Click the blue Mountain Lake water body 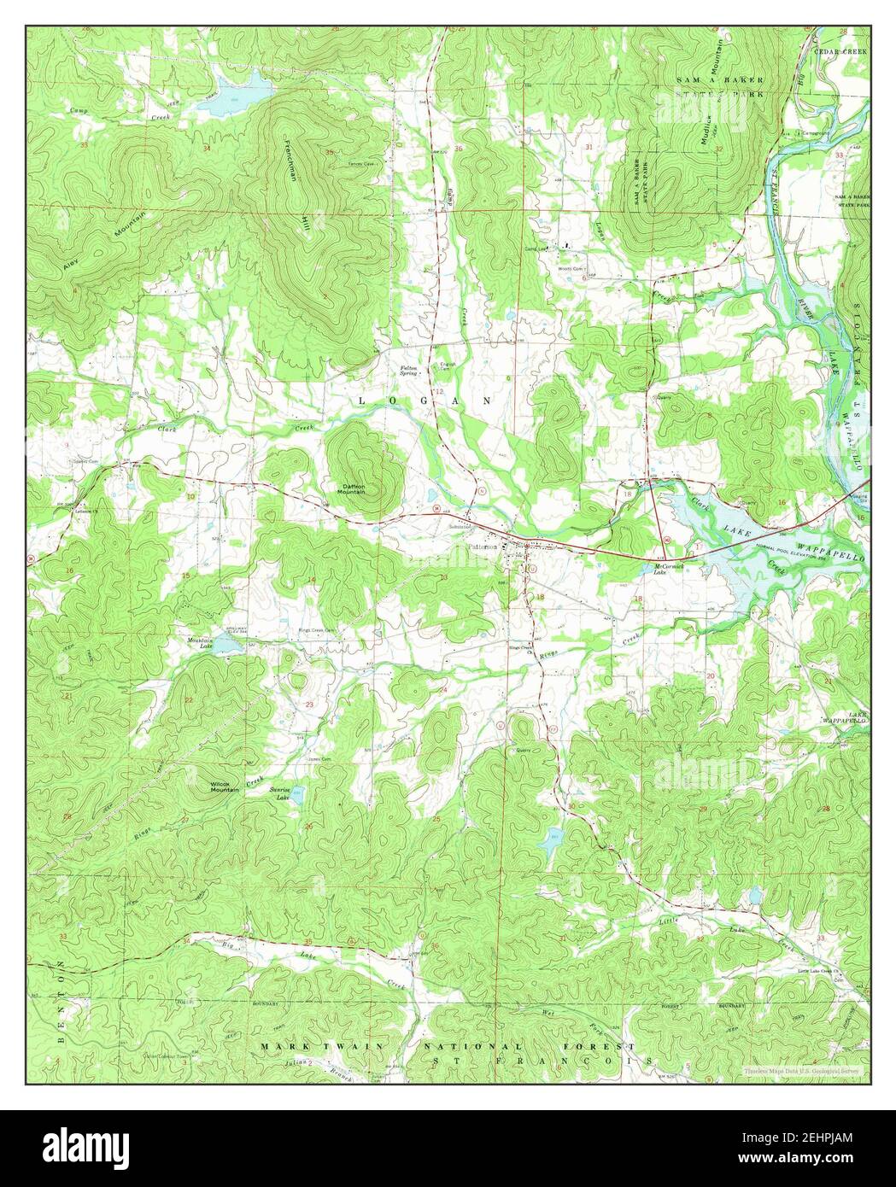(x=229, y=646)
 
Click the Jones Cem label (x=319, y=759)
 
